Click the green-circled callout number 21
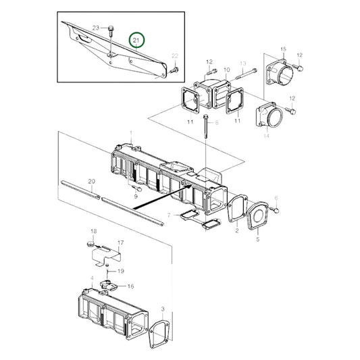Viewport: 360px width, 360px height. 138,41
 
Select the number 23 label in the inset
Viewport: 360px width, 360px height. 96,28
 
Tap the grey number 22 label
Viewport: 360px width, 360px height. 175,55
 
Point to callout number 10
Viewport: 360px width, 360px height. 226,70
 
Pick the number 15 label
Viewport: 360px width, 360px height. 283,49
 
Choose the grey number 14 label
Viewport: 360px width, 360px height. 265,136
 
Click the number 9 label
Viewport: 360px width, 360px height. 136,196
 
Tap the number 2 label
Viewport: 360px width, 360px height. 237,230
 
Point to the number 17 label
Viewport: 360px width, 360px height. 121,242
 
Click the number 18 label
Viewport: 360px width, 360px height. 93,231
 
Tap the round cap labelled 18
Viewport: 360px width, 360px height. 88,241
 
